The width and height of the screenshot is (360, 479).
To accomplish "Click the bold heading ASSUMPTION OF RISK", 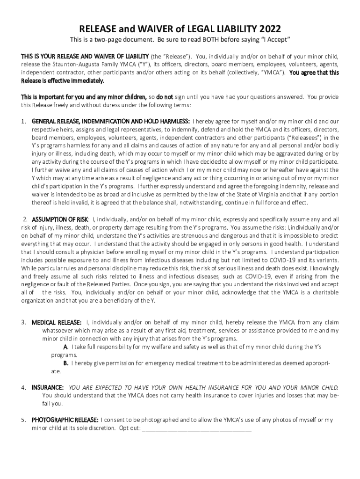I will point(60,219).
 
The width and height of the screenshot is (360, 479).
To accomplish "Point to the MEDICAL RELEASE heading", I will point(57,322).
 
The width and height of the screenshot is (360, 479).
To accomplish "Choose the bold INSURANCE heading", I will point(48,388).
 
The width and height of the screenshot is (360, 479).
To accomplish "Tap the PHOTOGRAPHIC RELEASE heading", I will point(65,420).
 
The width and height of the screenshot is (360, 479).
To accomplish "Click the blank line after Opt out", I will point(196,428).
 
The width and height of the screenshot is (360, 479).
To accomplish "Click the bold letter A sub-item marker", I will point(65,347).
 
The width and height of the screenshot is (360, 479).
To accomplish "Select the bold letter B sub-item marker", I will point(66,363).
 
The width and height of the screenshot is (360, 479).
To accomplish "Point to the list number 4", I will point(23,388).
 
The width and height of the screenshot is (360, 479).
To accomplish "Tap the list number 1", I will point(23,122).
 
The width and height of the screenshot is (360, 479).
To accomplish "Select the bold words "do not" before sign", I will point(164,97).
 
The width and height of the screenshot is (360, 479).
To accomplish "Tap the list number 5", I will point(23,420).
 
